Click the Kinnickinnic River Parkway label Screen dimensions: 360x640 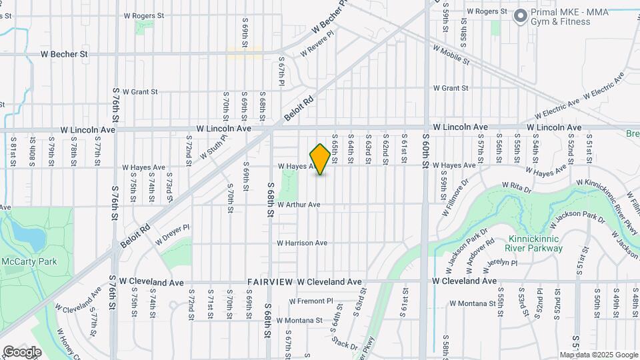click(x=535, y=243)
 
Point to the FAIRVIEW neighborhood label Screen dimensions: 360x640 click(x=269, y=282)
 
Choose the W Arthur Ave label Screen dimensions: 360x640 click(x=299, y=205)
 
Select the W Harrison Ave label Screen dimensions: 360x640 click(x=302, y=243)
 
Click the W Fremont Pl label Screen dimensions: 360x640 click(x=311, y=301)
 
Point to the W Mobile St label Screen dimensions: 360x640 click(x=451, y=54)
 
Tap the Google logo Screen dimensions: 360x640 click(x=22, y=352)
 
